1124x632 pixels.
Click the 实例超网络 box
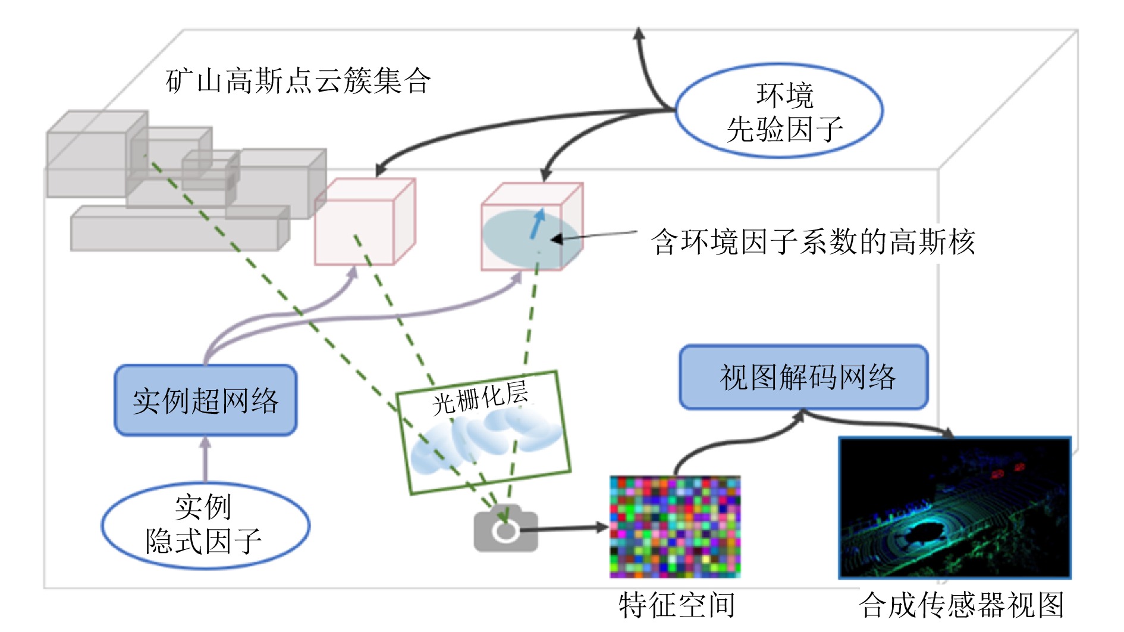[205, 400]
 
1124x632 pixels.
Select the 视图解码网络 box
[804, 378]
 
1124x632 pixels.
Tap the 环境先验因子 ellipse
[780, 111]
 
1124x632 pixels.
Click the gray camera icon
[506, 529]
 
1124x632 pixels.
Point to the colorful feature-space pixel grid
[675, 527]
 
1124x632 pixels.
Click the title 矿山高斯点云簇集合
[298, 81]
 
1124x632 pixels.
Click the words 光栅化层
[480, 398]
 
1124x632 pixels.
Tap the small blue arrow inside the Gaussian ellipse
[538, 222]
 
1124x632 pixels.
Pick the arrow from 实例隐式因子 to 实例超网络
[205, 459]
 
